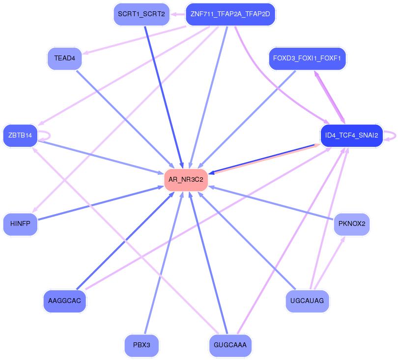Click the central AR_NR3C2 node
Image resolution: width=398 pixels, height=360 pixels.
click(186, 180)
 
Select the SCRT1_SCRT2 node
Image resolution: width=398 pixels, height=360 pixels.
click(141, 14)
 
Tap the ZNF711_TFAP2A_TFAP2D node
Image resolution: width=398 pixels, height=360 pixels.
click(230, 14)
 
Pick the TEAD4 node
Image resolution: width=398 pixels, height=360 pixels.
click(64, 58)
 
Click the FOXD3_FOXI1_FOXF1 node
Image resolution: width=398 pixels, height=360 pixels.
click(308, 59)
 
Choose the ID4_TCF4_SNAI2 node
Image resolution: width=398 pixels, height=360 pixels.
click(351, 136)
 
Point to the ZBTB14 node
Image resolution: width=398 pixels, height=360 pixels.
click(20, 136)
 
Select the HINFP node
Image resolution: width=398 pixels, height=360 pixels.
click(20, 224)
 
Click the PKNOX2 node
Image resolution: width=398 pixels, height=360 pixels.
click(352, 224)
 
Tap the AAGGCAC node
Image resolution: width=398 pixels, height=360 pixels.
click(64, 301)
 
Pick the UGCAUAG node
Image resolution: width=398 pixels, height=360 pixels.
click(307, 301)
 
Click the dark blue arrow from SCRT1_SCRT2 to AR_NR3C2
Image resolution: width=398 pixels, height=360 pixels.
click(163, 93)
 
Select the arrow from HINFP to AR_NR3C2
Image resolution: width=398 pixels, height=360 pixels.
click(98, 203)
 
